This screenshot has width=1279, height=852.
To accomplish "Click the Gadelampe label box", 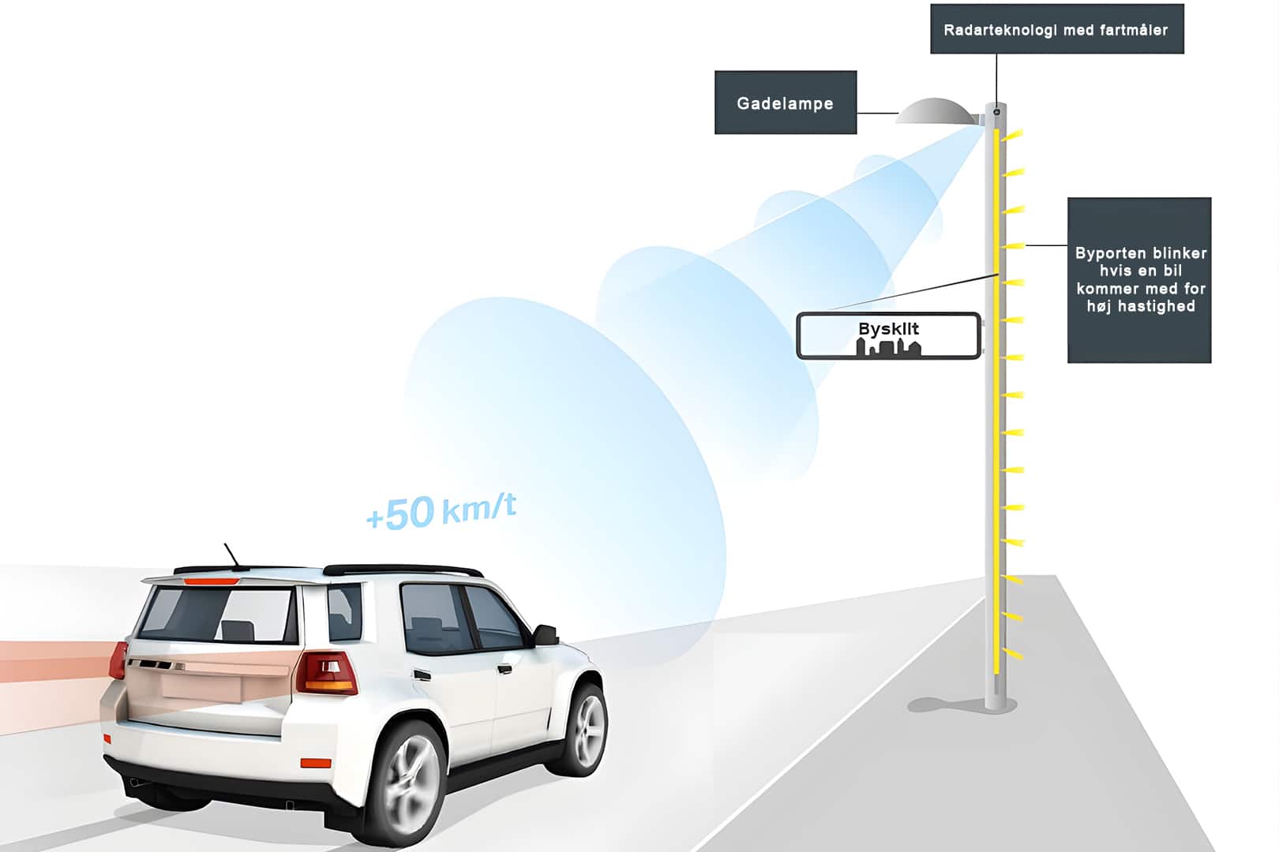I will pyautogui.click(x=785, y=103).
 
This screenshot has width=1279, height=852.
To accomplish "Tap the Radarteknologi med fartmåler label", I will pyautogui.click(x=1056, y=30).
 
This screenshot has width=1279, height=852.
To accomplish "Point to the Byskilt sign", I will pyautogui.click(x=888, y=335).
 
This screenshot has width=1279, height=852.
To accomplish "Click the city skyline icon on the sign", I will pyautogui.click(x=888, y=346).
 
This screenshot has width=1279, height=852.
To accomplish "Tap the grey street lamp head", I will pyautogui.click(x=936, y=113).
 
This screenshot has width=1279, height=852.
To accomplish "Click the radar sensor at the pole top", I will pyautogui.click(x=996, y=112).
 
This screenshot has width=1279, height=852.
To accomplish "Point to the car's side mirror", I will pyautogui.click(x=546, y=633).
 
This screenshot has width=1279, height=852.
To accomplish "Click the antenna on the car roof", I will pyautogui.click(x=231, y=555).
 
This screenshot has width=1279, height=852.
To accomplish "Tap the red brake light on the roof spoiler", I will pyautogui.click(x=211, y=581).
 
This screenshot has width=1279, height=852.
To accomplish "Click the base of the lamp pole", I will pyautogui.click(x=996, y=701).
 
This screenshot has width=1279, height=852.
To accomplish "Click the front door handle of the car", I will pyautogui.click(x=502, y=669).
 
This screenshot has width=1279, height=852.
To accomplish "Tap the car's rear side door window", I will pyautogui.click(x=430, y=618).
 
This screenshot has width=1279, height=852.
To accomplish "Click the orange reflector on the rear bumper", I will pyautogui.click(x=316, y=763).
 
